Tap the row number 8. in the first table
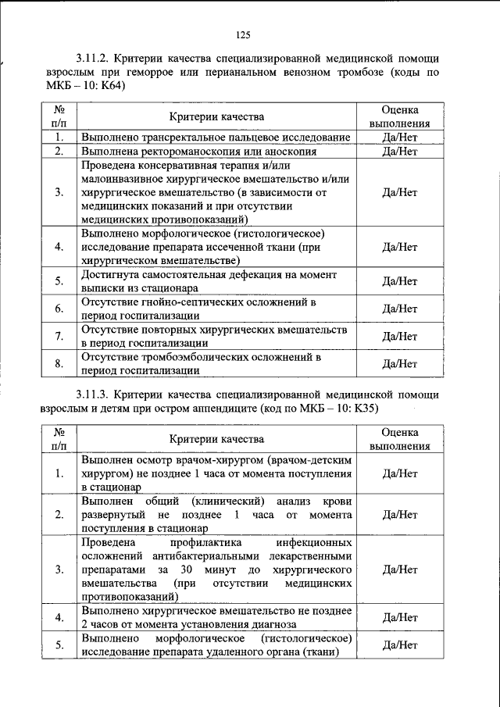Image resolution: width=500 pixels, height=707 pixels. (x=59, y=363)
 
